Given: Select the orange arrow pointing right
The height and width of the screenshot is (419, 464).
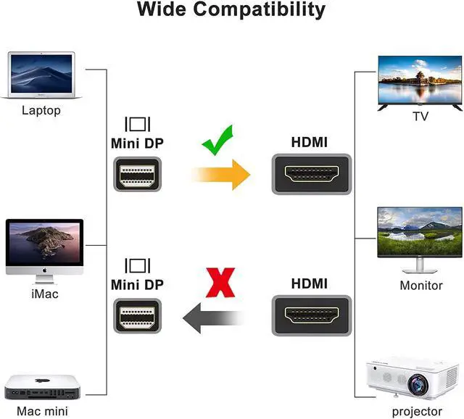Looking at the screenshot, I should tap(221, 175).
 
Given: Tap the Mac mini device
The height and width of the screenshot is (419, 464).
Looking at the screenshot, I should tap(41, 389).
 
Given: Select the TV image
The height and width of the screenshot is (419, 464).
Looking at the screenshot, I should tap(420, 81).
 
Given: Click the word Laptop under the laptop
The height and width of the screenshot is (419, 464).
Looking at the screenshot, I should tap(41, 111).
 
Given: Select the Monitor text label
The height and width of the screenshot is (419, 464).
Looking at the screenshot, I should tap(420, 285).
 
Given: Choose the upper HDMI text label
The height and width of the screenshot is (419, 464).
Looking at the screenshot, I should tap(309, 143).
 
